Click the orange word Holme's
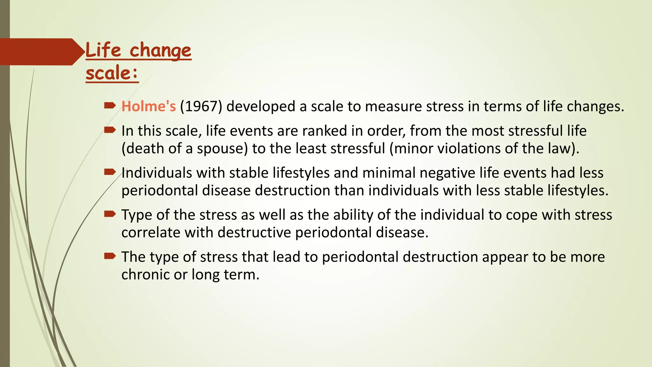(x=148, y=106)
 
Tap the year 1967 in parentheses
(x=201, y=106)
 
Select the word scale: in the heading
(x=112, y=73)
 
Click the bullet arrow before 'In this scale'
(x=110, y=130)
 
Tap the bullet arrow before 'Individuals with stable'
(x=110, y=172)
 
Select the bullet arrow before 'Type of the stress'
(x=110, y=214)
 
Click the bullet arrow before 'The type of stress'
(x=110, y=255)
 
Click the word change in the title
(x=160, y=51)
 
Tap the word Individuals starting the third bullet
(x=157, y=173)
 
